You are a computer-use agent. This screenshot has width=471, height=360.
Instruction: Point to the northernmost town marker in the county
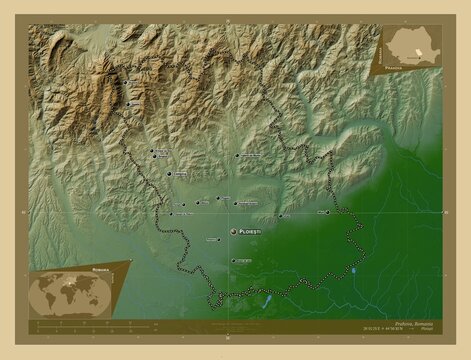pyautogui.click(x=127, y=83)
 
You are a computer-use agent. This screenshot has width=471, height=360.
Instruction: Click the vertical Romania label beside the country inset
pyautogui.click(x=380, y=45)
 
